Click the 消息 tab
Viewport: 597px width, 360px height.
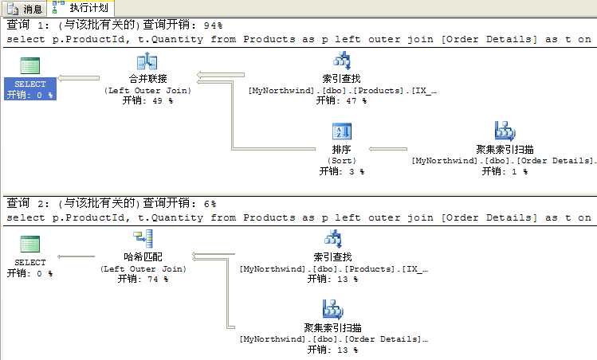coord(24,8)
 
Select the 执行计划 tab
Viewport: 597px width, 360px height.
coord(81,8)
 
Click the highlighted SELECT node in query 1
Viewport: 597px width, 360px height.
coord(30,88)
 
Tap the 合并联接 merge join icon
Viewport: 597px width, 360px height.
coord(147,61)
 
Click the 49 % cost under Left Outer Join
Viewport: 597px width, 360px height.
coord(147,100)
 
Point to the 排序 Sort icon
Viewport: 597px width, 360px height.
coord(341,131)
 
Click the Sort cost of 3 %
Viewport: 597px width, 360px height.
coord(341,171)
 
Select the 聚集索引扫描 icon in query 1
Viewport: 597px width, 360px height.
coord(505,131)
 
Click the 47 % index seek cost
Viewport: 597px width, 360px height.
coord(341,100)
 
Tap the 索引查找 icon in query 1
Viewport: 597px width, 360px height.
coord(341,61)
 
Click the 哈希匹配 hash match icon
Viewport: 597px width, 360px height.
coord(143,239)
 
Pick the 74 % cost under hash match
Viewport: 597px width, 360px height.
coord(143,279)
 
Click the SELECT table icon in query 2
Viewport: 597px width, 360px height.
coord(29,244)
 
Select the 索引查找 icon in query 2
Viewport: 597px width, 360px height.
coord(332,239)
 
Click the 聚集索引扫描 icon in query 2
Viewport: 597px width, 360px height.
coord(332,309)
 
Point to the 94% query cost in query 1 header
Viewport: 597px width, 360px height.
coord(213,25)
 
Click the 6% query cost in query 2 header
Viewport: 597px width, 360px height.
coord(210,204)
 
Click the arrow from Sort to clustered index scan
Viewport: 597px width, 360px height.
coord(388,149)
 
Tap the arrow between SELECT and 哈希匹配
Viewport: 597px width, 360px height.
coord(76,256)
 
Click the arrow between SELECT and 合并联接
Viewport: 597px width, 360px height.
coord(78,78)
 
